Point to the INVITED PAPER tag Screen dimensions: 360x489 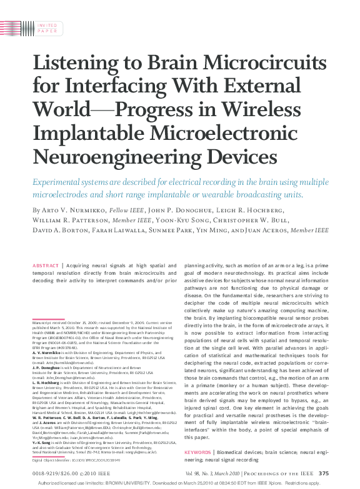(x=47, y=27)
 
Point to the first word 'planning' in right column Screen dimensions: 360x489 (x=197, y=265)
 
